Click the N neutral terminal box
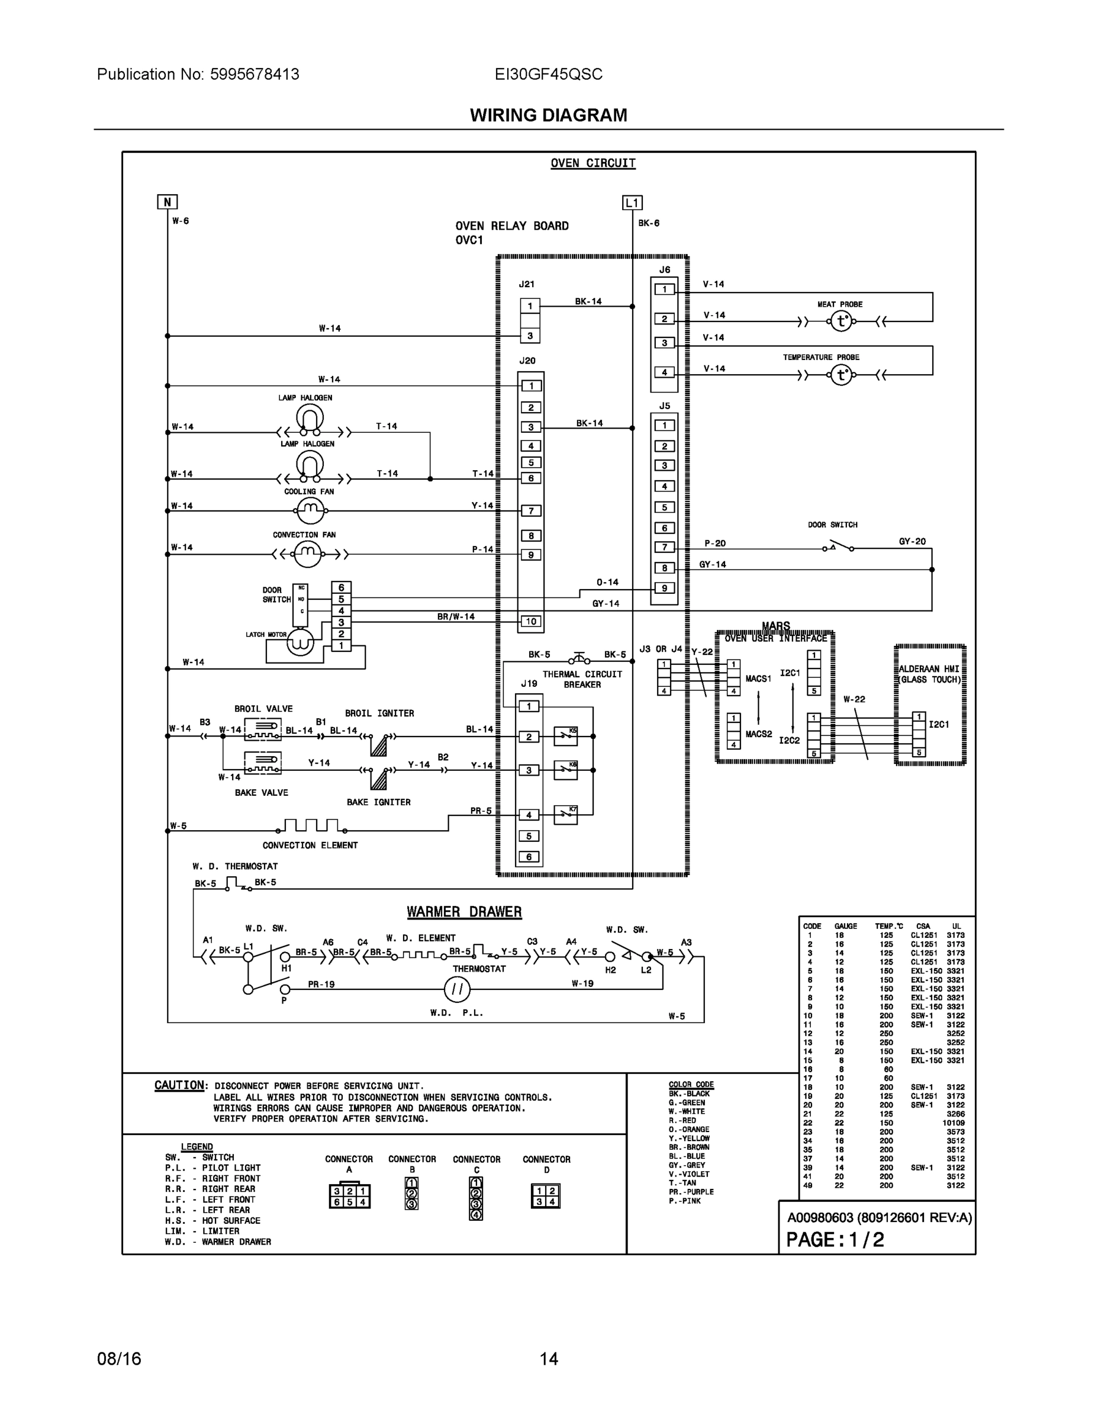tap(167, 202)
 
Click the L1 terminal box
tap(632, 203)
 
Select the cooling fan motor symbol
tap(310, 511)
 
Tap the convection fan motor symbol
tap(307, 554)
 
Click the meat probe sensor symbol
tap(841, 322)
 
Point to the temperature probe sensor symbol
tap(841, 375)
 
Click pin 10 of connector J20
tap(531, 621)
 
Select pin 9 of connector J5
tap(664, 588)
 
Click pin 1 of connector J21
tap(530, 306)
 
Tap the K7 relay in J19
tap(565, 815)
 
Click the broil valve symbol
tap(263, 729)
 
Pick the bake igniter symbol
tap(378, 778)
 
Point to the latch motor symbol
tap(301, 643)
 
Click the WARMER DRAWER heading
tap(464, 912)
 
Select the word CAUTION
tap(179, 1085)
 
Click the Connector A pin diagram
tap(349, 1197)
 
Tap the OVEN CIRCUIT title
tap(593, 163)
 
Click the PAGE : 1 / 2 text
tap(835, 1239)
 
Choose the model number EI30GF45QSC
tap(548, 74)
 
